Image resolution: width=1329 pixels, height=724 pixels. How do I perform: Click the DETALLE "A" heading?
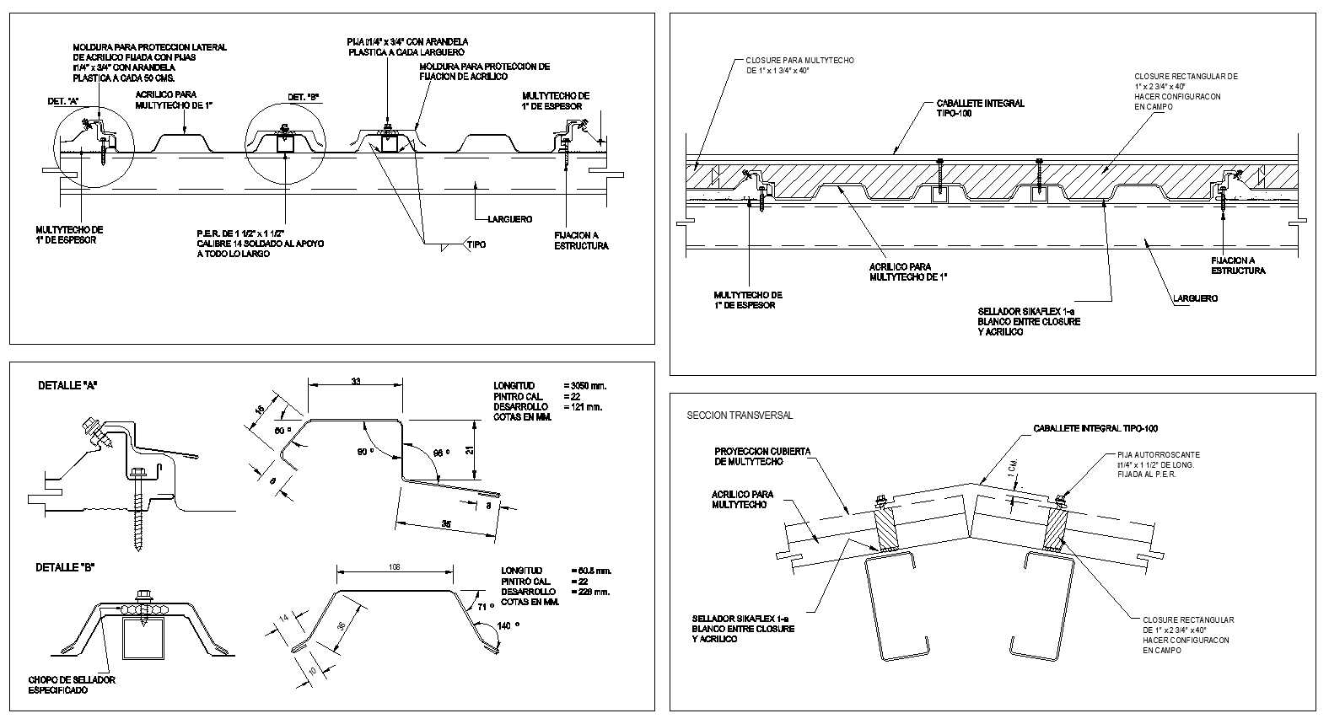click(x=67, y=385)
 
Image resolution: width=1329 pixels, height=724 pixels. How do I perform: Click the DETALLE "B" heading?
click(x=64, y=567)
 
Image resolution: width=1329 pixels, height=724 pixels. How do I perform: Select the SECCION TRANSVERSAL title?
click(x=740, y=416)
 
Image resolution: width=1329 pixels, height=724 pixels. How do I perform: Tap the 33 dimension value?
click(x=356, y=382)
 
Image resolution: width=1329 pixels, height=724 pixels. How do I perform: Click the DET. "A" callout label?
click(x=64, y=101)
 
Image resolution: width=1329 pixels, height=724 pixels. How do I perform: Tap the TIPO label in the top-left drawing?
click(x=477, y=245)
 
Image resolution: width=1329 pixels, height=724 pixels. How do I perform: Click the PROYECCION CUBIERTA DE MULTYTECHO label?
click(x=761, y=456)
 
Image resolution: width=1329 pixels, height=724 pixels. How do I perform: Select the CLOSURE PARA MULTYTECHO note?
click(x=800, y=66)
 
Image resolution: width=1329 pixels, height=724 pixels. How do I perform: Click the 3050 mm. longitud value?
click(x=587, y=386)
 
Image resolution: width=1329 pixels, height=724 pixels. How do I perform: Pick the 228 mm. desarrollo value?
click(x=589, y=592)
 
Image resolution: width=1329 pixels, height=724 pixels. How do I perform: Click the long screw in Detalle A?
click(x=138, y=523)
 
